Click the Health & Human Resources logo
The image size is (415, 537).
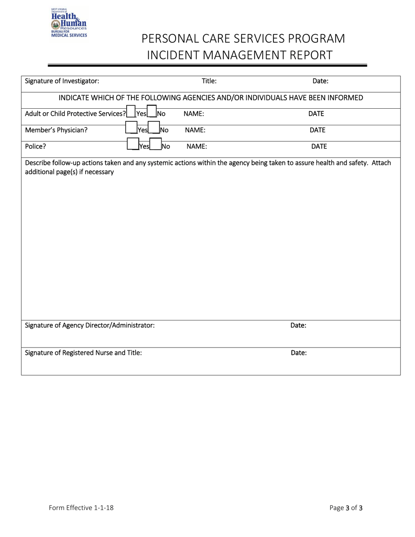point(69,23)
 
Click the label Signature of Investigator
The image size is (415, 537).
point(62,81)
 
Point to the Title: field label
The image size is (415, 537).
point(209,81)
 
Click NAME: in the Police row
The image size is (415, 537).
point(197,147)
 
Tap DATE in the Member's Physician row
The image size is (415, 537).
point(318,130)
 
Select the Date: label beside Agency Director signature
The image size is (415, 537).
point(298,325)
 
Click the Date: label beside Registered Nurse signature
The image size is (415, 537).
point(299,353)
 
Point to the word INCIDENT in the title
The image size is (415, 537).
point(174,55)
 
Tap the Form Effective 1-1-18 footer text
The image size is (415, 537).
point(81,508)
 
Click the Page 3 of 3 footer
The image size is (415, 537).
point(346,508)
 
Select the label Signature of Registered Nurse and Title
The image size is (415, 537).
point(83,353)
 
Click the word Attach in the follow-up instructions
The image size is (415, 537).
point(381,163)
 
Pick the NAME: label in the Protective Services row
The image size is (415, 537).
point(194,114)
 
